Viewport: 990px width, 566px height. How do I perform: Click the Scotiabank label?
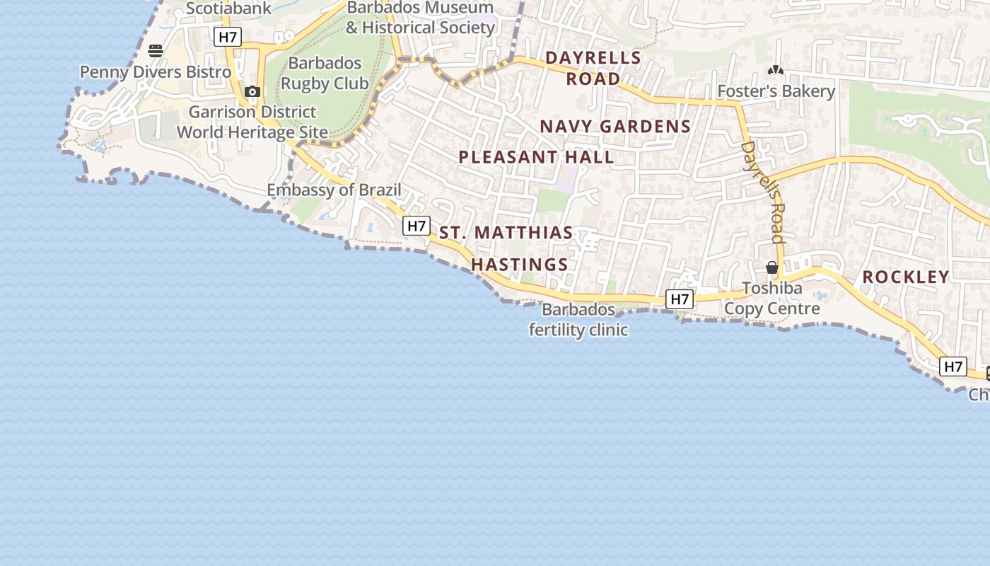click(228, 8)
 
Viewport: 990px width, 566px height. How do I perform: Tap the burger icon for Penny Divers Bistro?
click(156, 51)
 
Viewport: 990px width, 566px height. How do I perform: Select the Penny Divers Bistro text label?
click(155, 72)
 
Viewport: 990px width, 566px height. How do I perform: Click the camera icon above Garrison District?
click(252, 91)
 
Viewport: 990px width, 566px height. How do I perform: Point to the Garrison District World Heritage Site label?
click(252, 122)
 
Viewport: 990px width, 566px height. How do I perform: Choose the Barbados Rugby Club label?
click(325, 73)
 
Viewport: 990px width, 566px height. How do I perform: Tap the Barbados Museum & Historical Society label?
click(420, 18)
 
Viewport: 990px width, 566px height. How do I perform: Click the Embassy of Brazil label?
click(334, 190)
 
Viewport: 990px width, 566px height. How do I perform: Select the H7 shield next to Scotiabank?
click(228, 37)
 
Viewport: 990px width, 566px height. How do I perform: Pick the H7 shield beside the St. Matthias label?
click(417, 226)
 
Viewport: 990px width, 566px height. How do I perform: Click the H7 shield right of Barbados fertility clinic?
click(680, 299)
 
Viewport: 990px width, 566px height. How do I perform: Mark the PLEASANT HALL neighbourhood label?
click(536, 157)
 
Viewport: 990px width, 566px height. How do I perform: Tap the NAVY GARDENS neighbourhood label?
click(615, 127)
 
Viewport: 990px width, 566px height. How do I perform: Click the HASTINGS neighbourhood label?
click(520, 265)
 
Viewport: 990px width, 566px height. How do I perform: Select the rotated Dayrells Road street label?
click(763, 192)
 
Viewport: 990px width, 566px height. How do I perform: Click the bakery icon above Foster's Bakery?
click(776, 70)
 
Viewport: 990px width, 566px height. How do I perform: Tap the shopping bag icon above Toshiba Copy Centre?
click(772, 267)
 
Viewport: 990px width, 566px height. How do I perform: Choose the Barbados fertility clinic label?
click(578, 320)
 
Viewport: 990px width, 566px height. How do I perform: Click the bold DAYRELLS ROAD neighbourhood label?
click(593, 68)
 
